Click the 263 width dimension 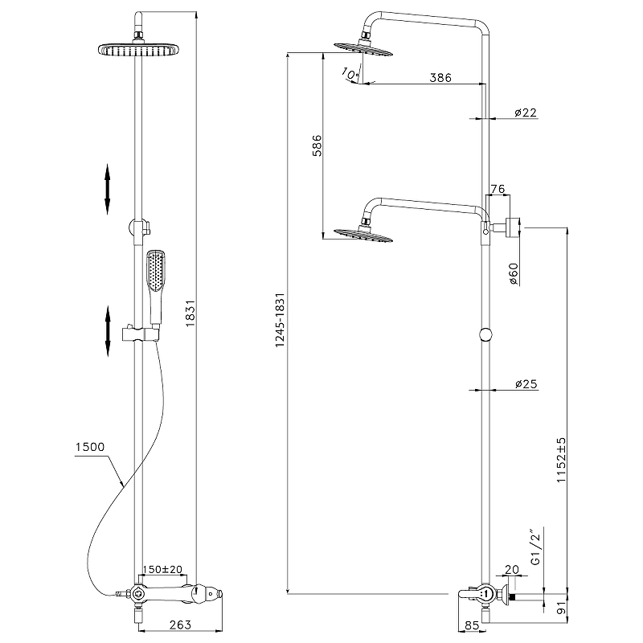coord(181,625)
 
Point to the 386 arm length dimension coord(440,78)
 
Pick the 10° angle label coord(350,73)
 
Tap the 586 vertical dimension coord(317,145)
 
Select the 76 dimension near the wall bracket coord(497,189)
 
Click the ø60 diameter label coord(514,274)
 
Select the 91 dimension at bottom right coord(562,604)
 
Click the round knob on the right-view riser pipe coord(485,336)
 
